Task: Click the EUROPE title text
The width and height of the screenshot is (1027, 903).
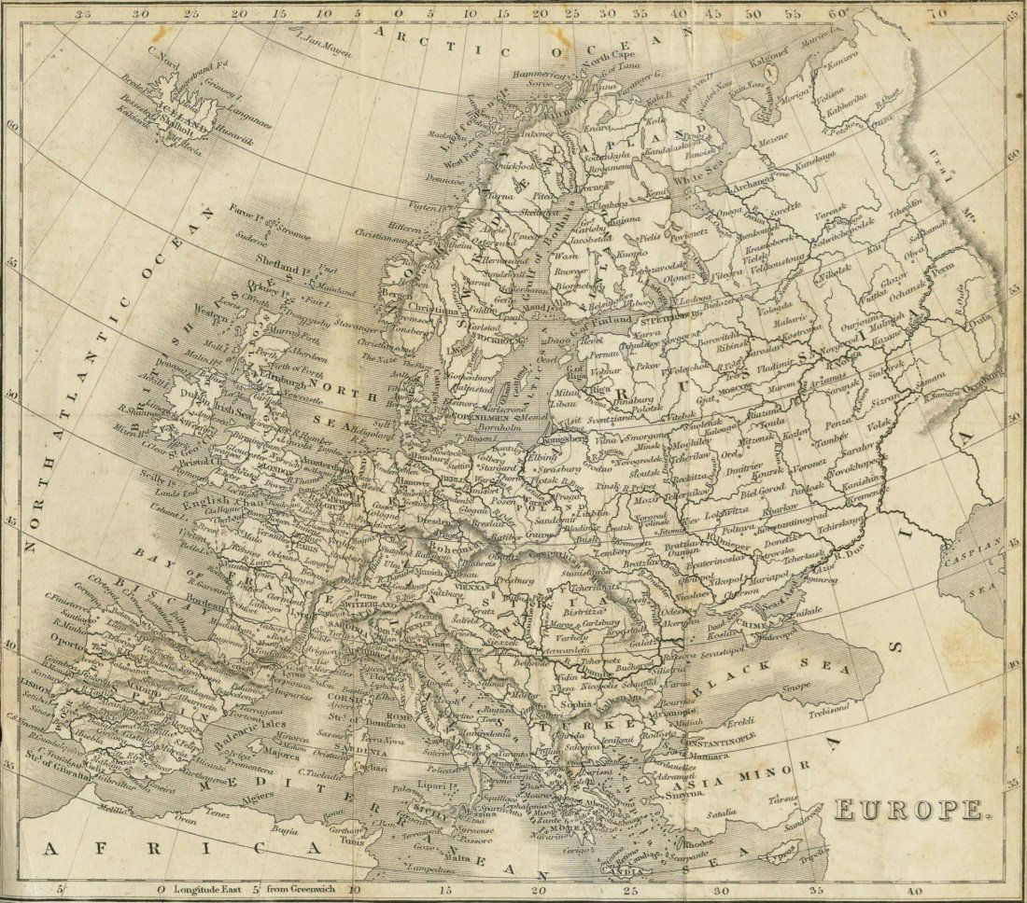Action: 909,809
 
